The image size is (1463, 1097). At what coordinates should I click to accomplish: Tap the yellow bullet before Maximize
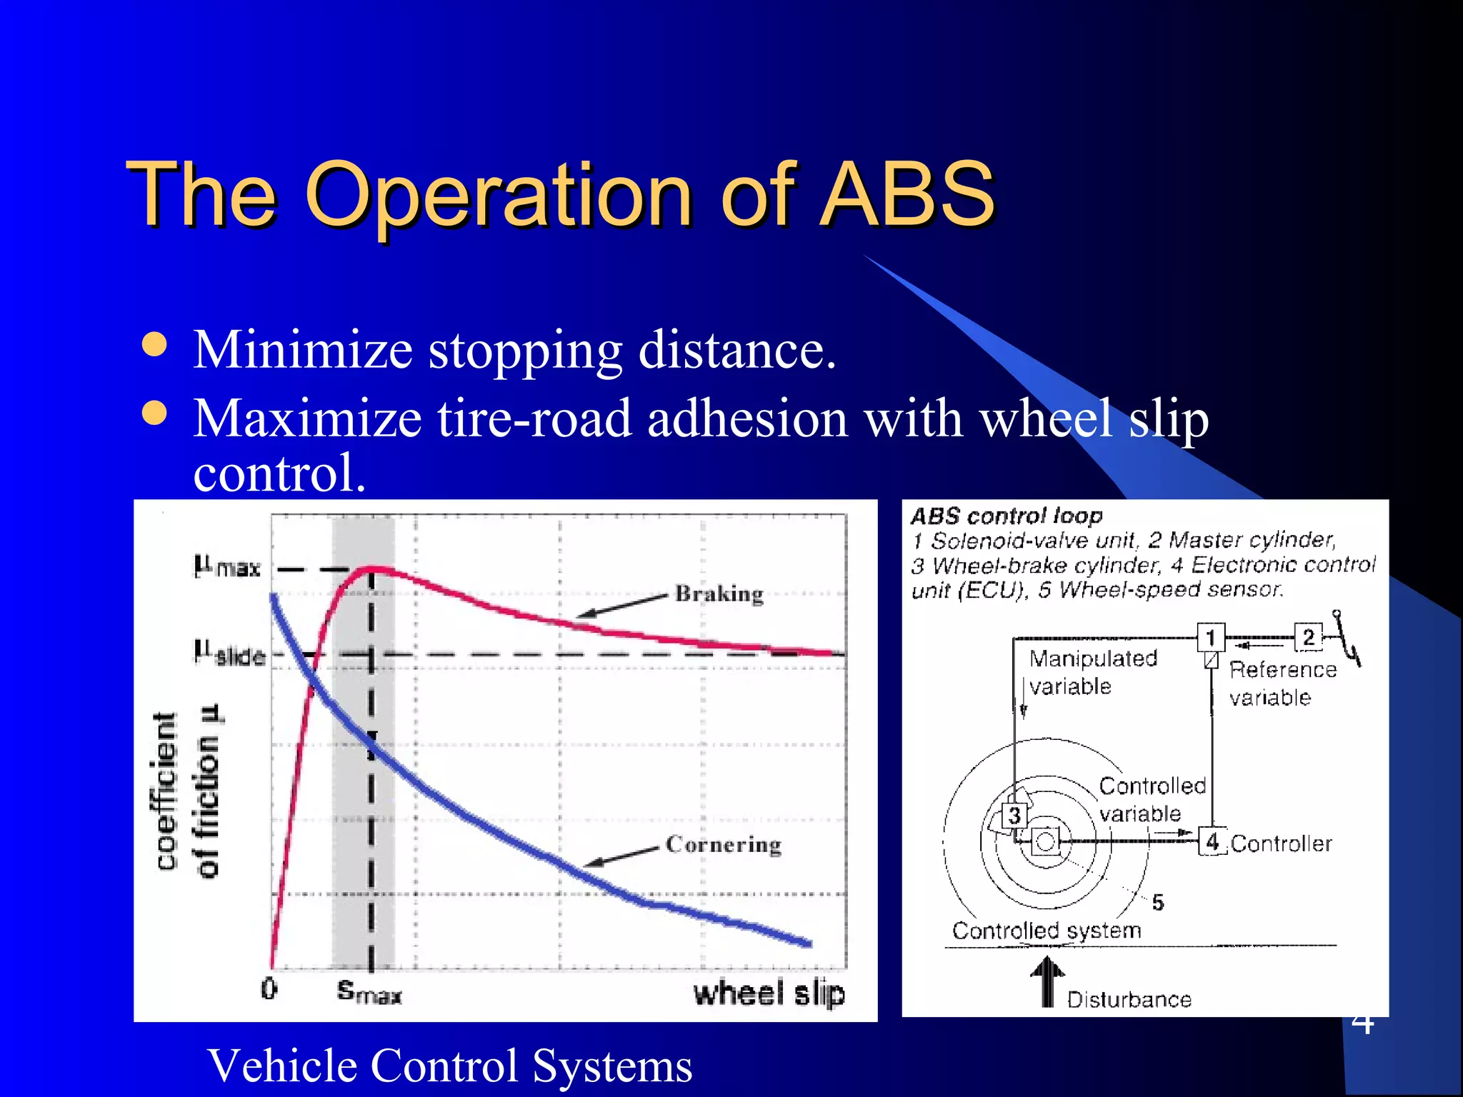point(154,413)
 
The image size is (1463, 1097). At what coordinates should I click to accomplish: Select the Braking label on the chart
point(719,594)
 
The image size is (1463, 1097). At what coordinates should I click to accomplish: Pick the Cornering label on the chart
point(723,844)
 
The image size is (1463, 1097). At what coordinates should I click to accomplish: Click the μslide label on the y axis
point(229,653)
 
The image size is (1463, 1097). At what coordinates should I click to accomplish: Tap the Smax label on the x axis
point(369,991)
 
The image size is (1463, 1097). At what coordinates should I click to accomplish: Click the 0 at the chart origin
point(269,989)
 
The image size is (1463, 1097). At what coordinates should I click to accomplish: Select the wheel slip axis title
point(769,993)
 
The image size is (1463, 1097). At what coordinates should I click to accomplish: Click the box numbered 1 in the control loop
point(1210,637)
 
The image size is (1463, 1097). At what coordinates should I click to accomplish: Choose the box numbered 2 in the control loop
point(1308,637)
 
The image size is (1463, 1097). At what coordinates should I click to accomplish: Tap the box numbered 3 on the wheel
point(1014,815)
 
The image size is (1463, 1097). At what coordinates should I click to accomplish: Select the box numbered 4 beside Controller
point(1212,842)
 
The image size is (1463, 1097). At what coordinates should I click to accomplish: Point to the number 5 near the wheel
point(1157,902)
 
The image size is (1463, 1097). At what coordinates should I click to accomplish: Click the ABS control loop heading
point(1006,516)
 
